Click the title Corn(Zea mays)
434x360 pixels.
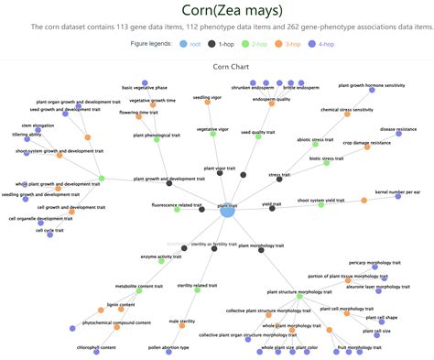pyautogui.click(x=217, y=10)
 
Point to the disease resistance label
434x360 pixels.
pyautogui.click(x=397, y=130)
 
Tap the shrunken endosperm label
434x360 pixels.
pyautogui.click(x=254, y=87)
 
